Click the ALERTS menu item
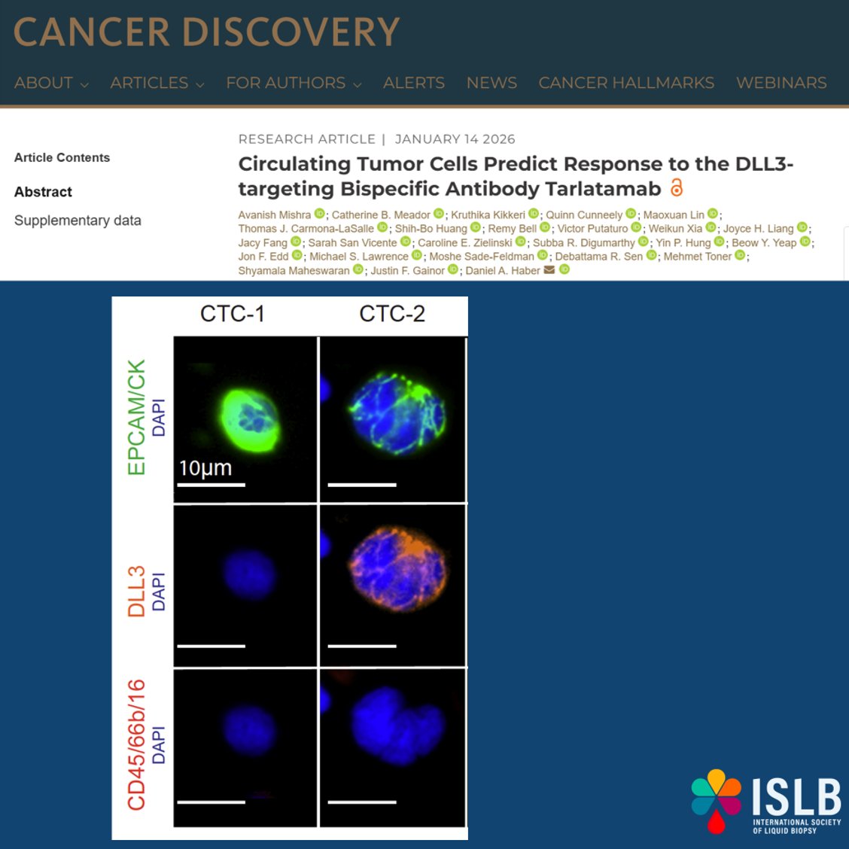click(x=413, y=83)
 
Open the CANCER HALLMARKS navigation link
click(x=626, y=83)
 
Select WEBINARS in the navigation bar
click(x=781, y=83)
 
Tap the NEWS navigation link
click(x=491, y=83)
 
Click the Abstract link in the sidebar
click(x=43, y=192)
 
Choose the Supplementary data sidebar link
click(x=78, y=221)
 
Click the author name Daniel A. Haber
click(x=502, y=271)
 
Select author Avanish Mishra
click(x=274, y=215)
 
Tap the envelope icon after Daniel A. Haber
click(x=549, y=270)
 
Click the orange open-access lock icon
click(x=677, y=187)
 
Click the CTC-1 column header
click(x=232, y=314)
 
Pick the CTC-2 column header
click(x=392, y=314)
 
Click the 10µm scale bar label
click(x=205, y=468)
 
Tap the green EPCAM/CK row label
click(x=136, y=418)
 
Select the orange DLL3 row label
click(x=136, y=592)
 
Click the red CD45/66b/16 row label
click(x=136, y=745)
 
